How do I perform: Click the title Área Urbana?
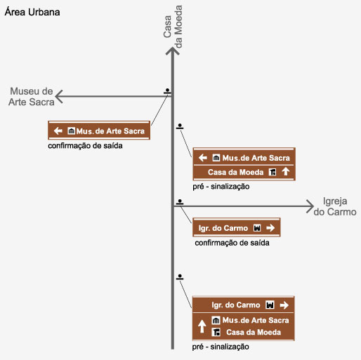click(32, 12)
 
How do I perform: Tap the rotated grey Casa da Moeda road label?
click(173, 27)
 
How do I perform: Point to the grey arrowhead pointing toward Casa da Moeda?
click(173, 51)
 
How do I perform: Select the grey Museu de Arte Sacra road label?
click(32, 97)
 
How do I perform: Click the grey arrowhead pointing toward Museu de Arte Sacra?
click(59, 96)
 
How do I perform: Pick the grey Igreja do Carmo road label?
click(335, 206)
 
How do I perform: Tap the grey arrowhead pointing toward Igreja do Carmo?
click(310, 206)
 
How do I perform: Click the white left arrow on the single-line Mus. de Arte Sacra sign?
click(58, 131)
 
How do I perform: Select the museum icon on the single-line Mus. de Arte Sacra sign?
click(72, 131)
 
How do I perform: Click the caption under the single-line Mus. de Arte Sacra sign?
click(85, 146)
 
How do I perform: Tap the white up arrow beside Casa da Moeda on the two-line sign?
click(286, 172)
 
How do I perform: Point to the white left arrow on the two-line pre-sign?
click(203, 158)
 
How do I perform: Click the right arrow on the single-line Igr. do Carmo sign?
click(270, 227)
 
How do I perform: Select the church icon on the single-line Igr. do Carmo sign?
click(257, 227)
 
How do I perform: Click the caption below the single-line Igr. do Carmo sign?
click(232, 243)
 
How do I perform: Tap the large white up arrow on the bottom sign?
click(202, 326)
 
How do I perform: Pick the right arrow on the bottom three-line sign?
click(284, 305)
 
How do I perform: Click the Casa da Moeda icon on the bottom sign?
click(216, 332)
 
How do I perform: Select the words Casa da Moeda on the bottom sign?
click(254, 332)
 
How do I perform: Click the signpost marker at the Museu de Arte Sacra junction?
click(167, 91)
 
